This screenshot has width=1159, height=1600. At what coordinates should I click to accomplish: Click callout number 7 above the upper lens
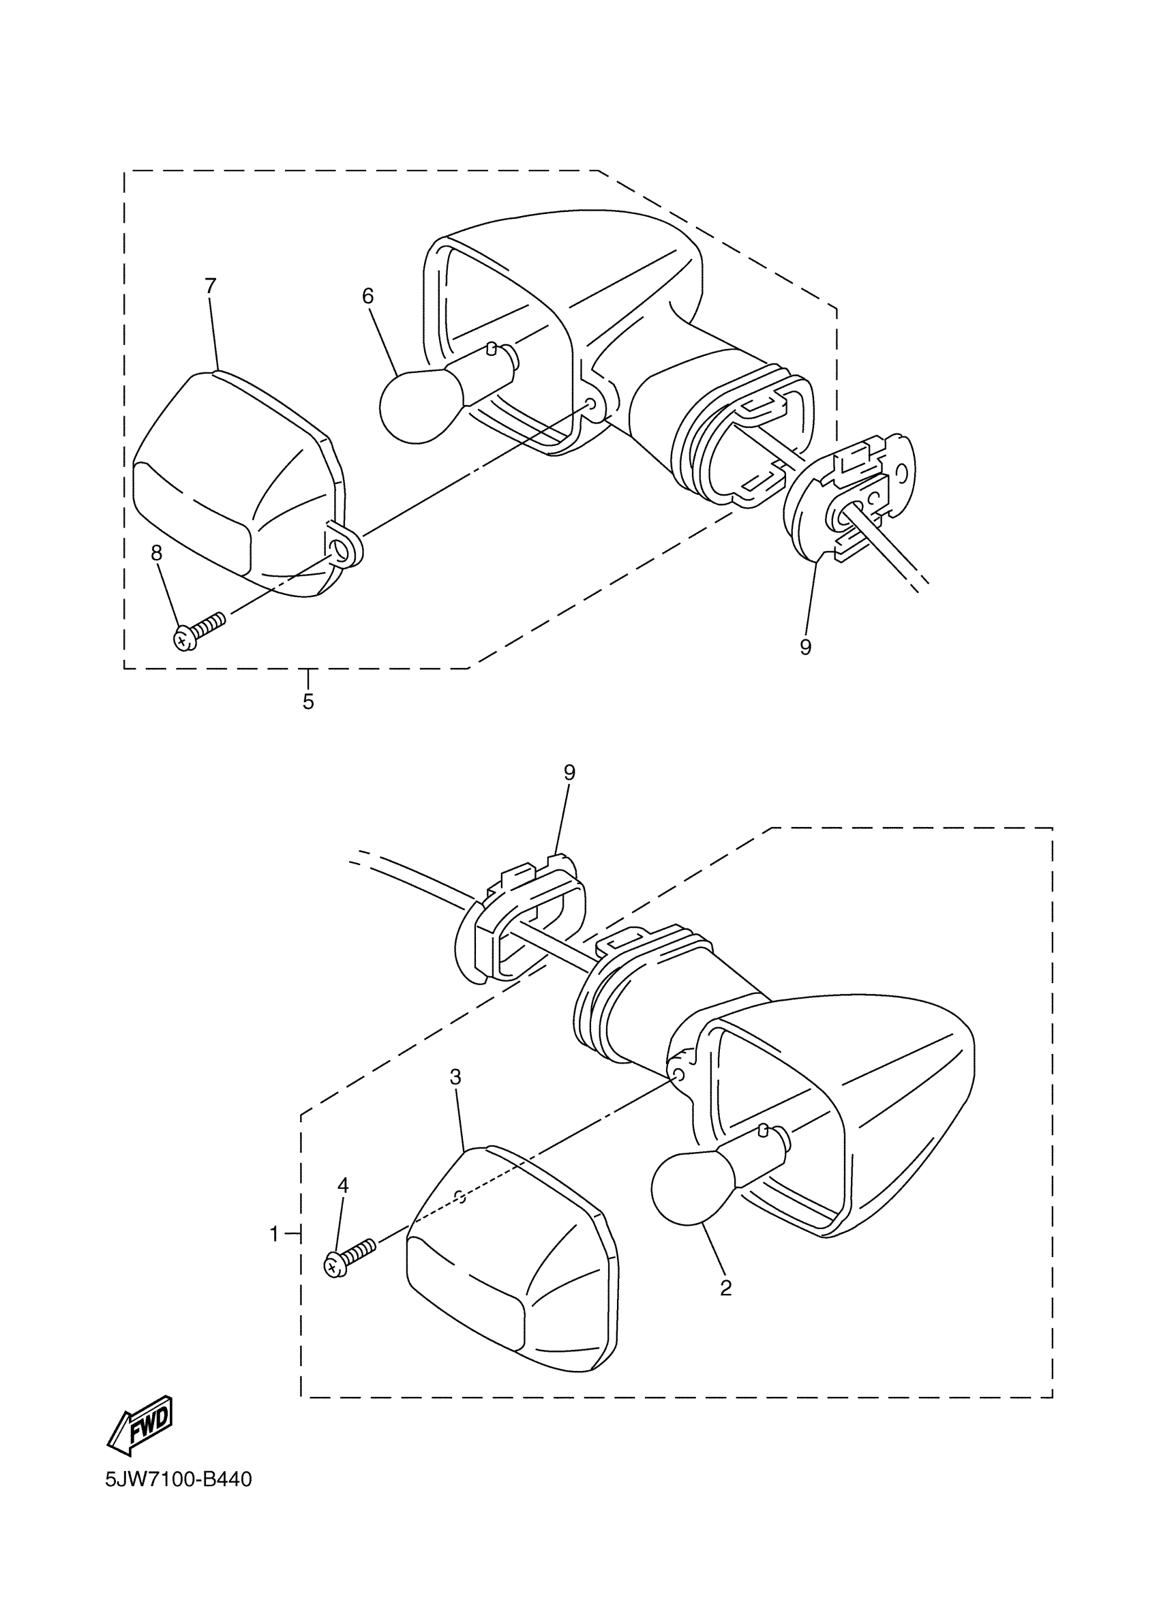click(210, 286)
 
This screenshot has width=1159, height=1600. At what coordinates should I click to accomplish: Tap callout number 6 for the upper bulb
click(367, 297)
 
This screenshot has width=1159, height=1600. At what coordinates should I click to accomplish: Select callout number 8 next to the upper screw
click(157, 553)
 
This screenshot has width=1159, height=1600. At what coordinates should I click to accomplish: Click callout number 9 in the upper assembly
click(806, 647)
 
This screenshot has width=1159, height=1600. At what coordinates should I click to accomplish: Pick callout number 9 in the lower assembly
click(569, 772)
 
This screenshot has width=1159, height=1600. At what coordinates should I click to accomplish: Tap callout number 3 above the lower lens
click(455, 1076)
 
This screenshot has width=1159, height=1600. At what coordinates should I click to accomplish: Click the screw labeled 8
click(197, 631)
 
